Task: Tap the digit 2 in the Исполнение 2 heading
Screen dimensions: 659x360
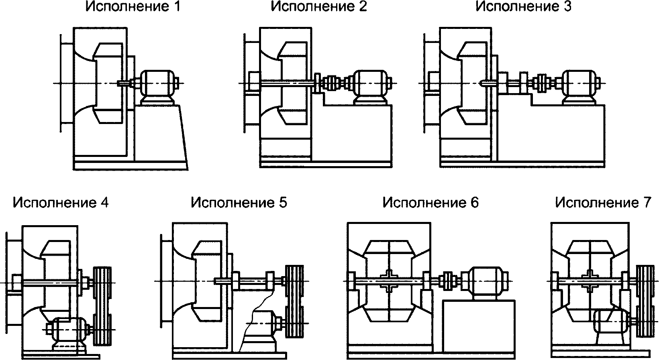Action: pyautogui.click(x=363, y=7)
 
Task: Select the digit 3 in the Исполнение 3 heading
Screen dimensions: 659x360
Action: pyautogui.click(x=567, y=7)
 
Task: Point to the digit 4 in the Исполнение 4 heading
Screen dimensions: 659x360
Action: pyautogui.click(x=104, y=203)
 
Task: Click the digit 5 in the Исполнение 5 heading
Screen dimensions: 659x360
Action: pyautogui.click(x=283, y=203)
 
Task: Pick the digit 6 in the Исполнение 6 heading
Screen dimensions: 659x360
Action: pyautogui.click(x=474, y=203)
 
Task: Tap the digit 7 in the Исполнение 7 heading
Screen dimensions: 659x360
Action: pyautogui.click(x=647, y=203)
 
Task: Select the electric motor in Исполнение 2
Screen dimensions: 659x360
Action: pyautogui.click(x=371, y=87)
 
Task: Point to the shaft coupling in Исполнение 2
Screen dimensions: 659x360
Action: pyautogui.click(x=333, y=83)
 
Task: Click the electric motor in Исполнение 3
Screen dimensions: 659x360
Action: pyautogui.click(x=579, y=87)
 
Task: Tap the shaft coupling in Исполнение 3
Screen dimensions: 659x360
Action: pyautogui.click(x=544, y=83)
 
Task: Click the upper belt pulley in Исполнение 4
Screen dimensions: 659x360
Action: pyautogui.click(x=102, y=283)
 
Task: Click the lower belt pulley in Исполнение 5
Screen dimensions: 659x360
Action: pyautogui.click(x=295, y=323)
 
